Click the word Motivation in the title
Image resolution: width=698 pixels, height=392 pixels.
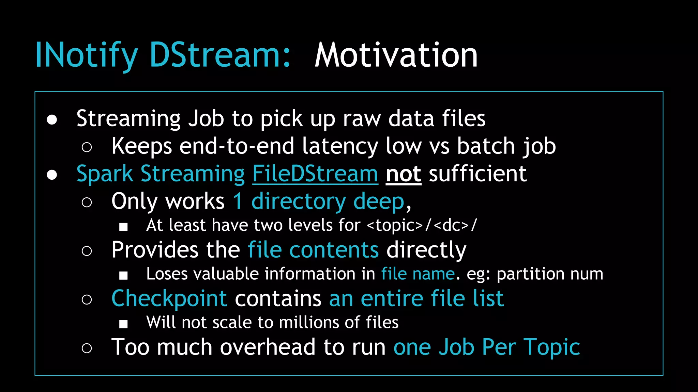coord(396,55)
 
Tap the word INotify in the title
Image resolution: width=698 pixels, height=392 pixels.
coord(86,55)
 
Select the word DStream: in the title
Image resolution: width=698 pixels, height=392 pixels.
coord(220,55)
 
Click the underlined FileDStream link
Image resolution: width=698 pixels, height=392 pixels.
coord(315,174)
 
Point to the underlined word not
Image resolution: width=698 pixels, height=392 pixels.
coord(404,174)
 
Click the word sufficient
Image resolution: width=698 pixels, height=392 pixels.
coord(477,174)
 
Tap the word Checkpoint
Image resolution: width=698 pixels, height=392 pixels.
coord(169,298)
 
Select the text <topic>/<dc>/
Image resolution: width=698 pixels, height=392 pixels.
coord(422,225)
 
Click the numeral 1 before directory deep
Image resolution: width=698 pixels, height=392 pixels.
coord(238,201)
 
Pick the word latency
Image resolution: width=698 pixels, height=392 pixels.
coord(340,146)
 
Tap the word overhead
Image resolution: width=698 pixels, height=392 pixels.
coord(268,347)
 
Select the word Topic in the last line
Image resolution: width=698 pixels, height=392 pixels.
coord(552,347)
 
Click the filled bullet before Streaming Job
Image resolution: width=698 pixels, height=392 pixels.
coord(52,119)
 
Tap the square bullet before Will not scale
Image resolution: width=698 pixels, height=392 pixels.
coord(123,324)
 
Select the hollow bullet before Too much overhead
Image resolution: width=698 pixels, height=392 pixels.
coord(87,348)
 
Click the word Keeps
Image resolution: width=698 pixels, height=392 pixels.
coord(142,146)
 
